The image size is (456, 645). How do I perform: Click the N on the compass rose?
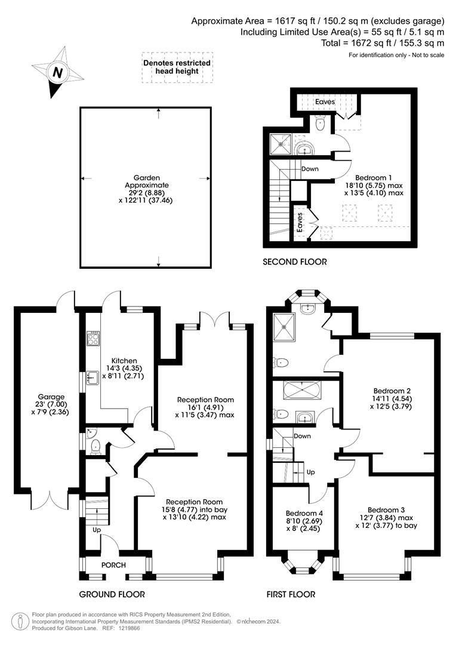[x=57, y=73]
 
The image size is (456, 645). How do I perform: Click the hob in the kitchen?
[x=94, y=339]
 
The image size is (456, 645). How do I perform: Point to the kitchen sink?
[x=93, y=377]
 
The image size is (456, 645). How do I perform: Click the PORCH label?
[x=113, y=565]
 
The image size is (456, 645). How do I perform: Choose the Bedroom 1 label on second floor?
[x=374, y=177]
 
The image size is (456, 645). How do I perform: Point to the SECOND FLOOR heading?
[x=295, y=262]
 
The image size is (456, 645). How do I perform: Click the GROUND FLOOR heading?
[x=112, y=594]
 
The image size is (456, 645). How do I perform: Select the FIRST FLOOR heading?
[x=291, y=594]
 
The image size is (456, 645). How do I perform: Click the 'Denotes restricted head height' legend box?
[x=177, y=67]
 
